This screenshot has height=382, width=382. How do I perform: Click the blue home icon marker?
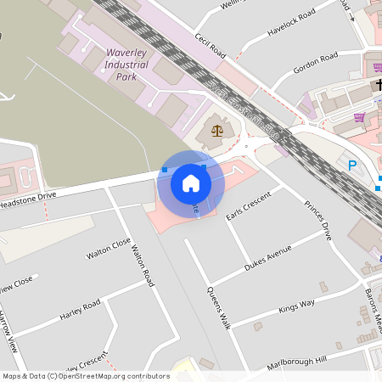pos(191,183)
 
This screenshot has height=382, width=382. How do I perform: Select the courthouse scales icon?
pos(217,131)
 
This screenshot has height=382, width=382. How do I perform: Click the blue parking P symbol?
pos(351,166)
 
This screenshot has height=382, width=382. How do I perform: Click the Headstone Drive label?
pos(27,200)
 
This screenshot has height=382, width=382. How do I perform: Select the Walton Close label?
pos(109,249)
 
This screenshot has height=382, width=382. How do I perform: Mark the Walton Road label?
pos(142,265)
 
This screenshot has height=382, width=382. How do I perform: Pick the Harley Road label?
pos(80,310)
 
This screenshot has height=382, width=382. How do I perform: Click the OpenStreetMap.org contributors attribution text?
pos(114,376)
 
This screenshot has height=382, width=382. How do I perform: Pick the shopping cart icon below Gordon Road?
pos(359,118)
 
